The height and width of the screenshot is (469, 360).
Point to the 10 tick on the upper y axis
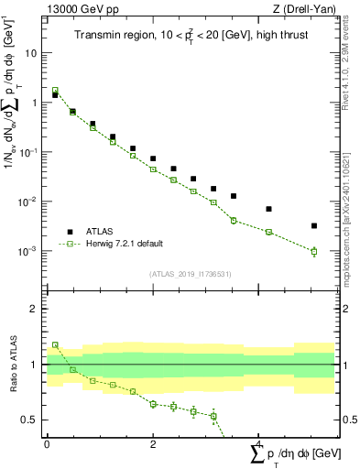coord(33,53)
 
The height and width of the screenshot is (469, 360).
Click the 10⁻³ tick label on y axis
coord(31,251)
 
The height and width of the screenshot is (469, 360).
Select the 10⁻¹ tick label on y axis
coord(31,152)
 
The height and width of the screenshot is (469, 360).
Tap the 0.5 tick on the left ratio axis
coord(31,420)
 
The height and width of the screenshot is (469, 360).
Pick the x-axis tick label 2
coord(153,443)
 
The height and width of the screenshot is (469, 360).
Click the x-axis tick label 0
coord(47,443)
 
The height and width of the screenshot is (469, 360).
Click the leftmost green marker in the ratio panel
coord(55,345)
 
